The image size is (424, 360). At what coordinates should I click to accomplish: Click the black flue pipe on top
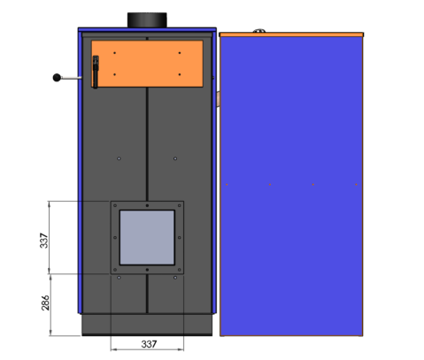click(x=147, y=20)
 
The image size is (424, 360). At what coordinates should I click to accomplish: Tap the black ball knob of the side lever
click(x=57, y=78)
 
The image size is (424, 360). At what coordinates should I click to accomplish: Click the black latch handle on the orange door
click(x=96, y=72)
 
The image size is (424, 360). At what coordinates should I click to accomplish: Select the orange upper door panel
click(x=147, y=64)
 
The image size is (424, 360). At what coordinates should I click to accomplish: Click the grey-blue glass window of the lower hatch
click(x=147, y=237)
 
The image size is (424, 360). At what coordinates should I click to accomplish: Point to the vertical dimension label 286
click(x=45, y=303)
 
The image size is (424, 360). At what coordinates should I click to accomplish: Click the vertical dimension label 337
click(x=44, y=241)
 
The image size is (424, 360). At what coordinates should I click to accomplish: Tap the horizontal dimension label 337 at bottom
click(x=149, y=344)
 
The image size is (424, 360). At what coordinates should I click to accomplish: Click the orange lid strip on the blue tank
click(x=291, y=34)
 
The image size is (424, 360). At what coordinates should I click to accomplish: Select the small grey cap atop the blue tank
click(x=259, y=31)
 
